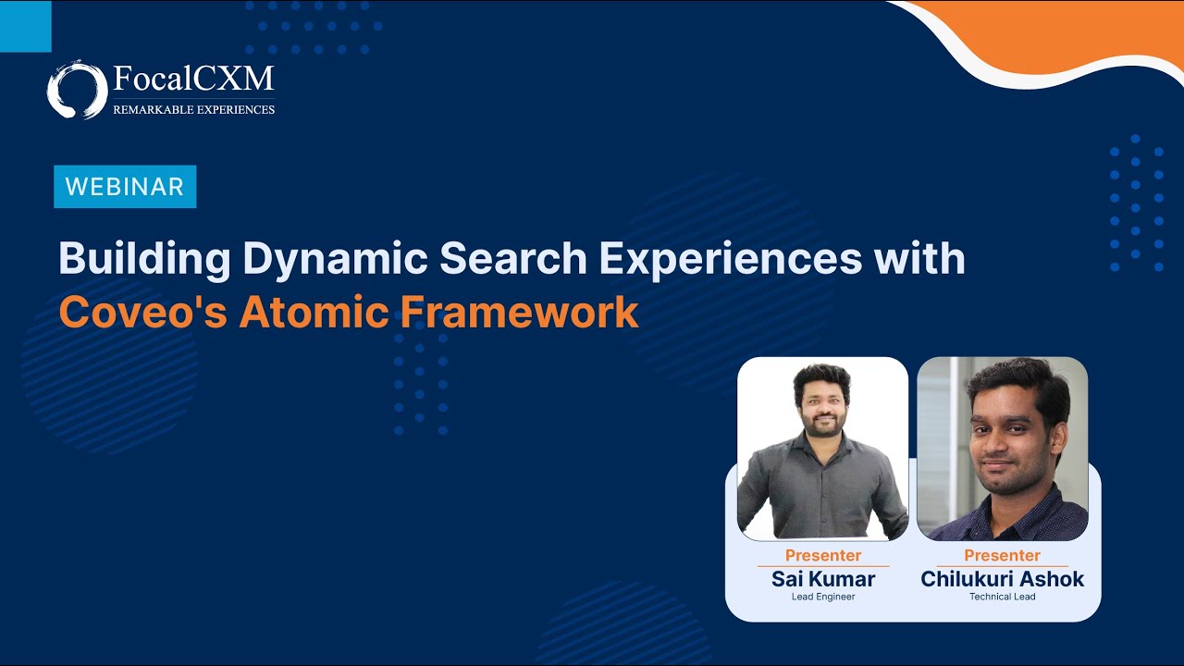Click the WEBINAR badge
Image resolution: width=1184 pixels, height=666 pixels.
[125, 187]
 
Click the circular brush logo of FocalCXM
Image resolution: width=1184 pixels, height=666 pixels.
[77, 90]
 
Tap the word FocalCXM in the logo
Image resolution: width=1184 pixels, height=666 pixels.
[193, 79]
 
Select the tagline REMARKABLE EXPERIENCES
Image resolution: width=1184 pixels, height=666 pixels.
[193, 109]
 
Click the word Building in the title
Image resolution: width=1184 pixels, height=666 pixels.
[144, 260]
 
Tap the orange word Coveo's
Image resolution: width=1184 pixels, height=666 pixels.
[142, 313]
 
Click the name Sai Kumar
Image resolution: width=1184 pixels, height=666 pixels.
[823, 580]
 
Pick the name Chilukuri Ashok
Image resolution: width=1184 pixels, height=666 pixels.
[1002, 580]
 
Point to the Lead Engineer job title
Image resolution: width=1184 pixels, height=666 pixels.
[823, 597]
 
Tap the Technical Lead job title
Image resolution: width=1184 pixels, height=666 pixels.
[1002, 597]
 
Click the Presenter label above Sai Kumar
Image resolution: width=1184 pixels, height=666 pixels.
[823, 556]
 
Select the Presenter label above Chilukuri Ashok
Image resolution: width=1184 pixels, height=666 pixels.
[1002, 556]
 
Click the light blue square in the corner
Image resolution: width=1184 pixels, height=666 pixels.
[25, 26]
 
